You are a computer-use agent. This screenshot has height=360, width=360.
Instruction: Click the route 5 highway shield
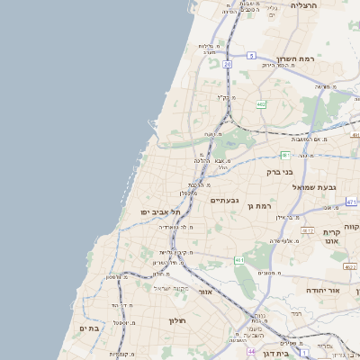[x=252, y=56]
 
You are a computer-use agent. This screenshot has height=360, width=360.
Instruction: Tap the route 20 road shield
[x=229, y=65]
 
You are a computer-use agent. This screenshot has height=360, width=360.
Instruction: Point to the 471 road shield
[x=351, y=202]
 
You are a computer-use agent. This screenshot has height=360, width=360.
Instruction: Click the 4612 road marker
[x=308, y=231]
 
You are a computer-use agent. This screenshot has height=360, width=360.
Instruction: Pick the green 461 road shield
[x=239, y=260]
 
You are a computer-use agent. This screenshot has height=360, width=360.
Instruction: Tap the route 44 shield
[x=250, y=352]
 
